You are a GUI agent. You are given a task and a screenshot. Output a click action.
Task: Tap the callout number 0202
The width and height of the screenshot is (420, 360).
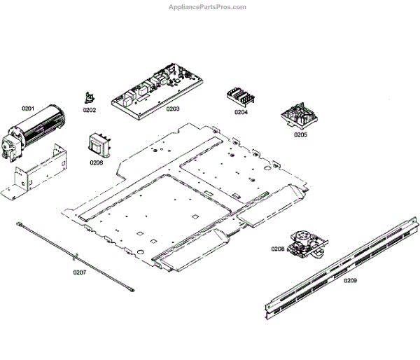90,110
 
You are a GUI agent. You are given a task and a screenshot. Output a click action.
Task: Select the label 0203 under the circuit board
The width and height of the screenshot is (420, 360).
172,109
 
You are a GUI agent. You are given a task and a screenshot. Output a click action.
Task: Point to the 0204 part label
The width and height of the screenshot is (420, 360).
241,112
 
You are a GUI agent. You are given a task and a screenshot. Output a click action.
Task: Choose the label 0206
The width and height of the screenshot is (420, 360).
96,162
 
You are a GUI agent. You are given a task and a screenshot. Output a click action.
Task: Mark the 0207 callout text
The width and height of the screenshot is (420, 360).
79,272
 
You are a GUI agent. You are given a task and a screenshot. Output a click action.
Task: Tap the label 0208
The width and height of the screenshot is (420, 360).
278,249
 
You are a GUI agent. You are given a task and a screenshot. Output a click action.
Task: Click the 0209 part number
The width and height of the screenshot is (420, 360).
350,280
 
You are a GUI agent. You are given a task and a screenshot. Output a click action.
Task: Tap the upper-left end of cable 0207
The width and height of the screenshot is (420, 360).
22,224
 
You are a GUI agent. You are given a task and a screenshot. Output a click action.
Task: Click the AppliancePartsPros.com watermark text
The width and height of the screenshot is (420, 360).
207,7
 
